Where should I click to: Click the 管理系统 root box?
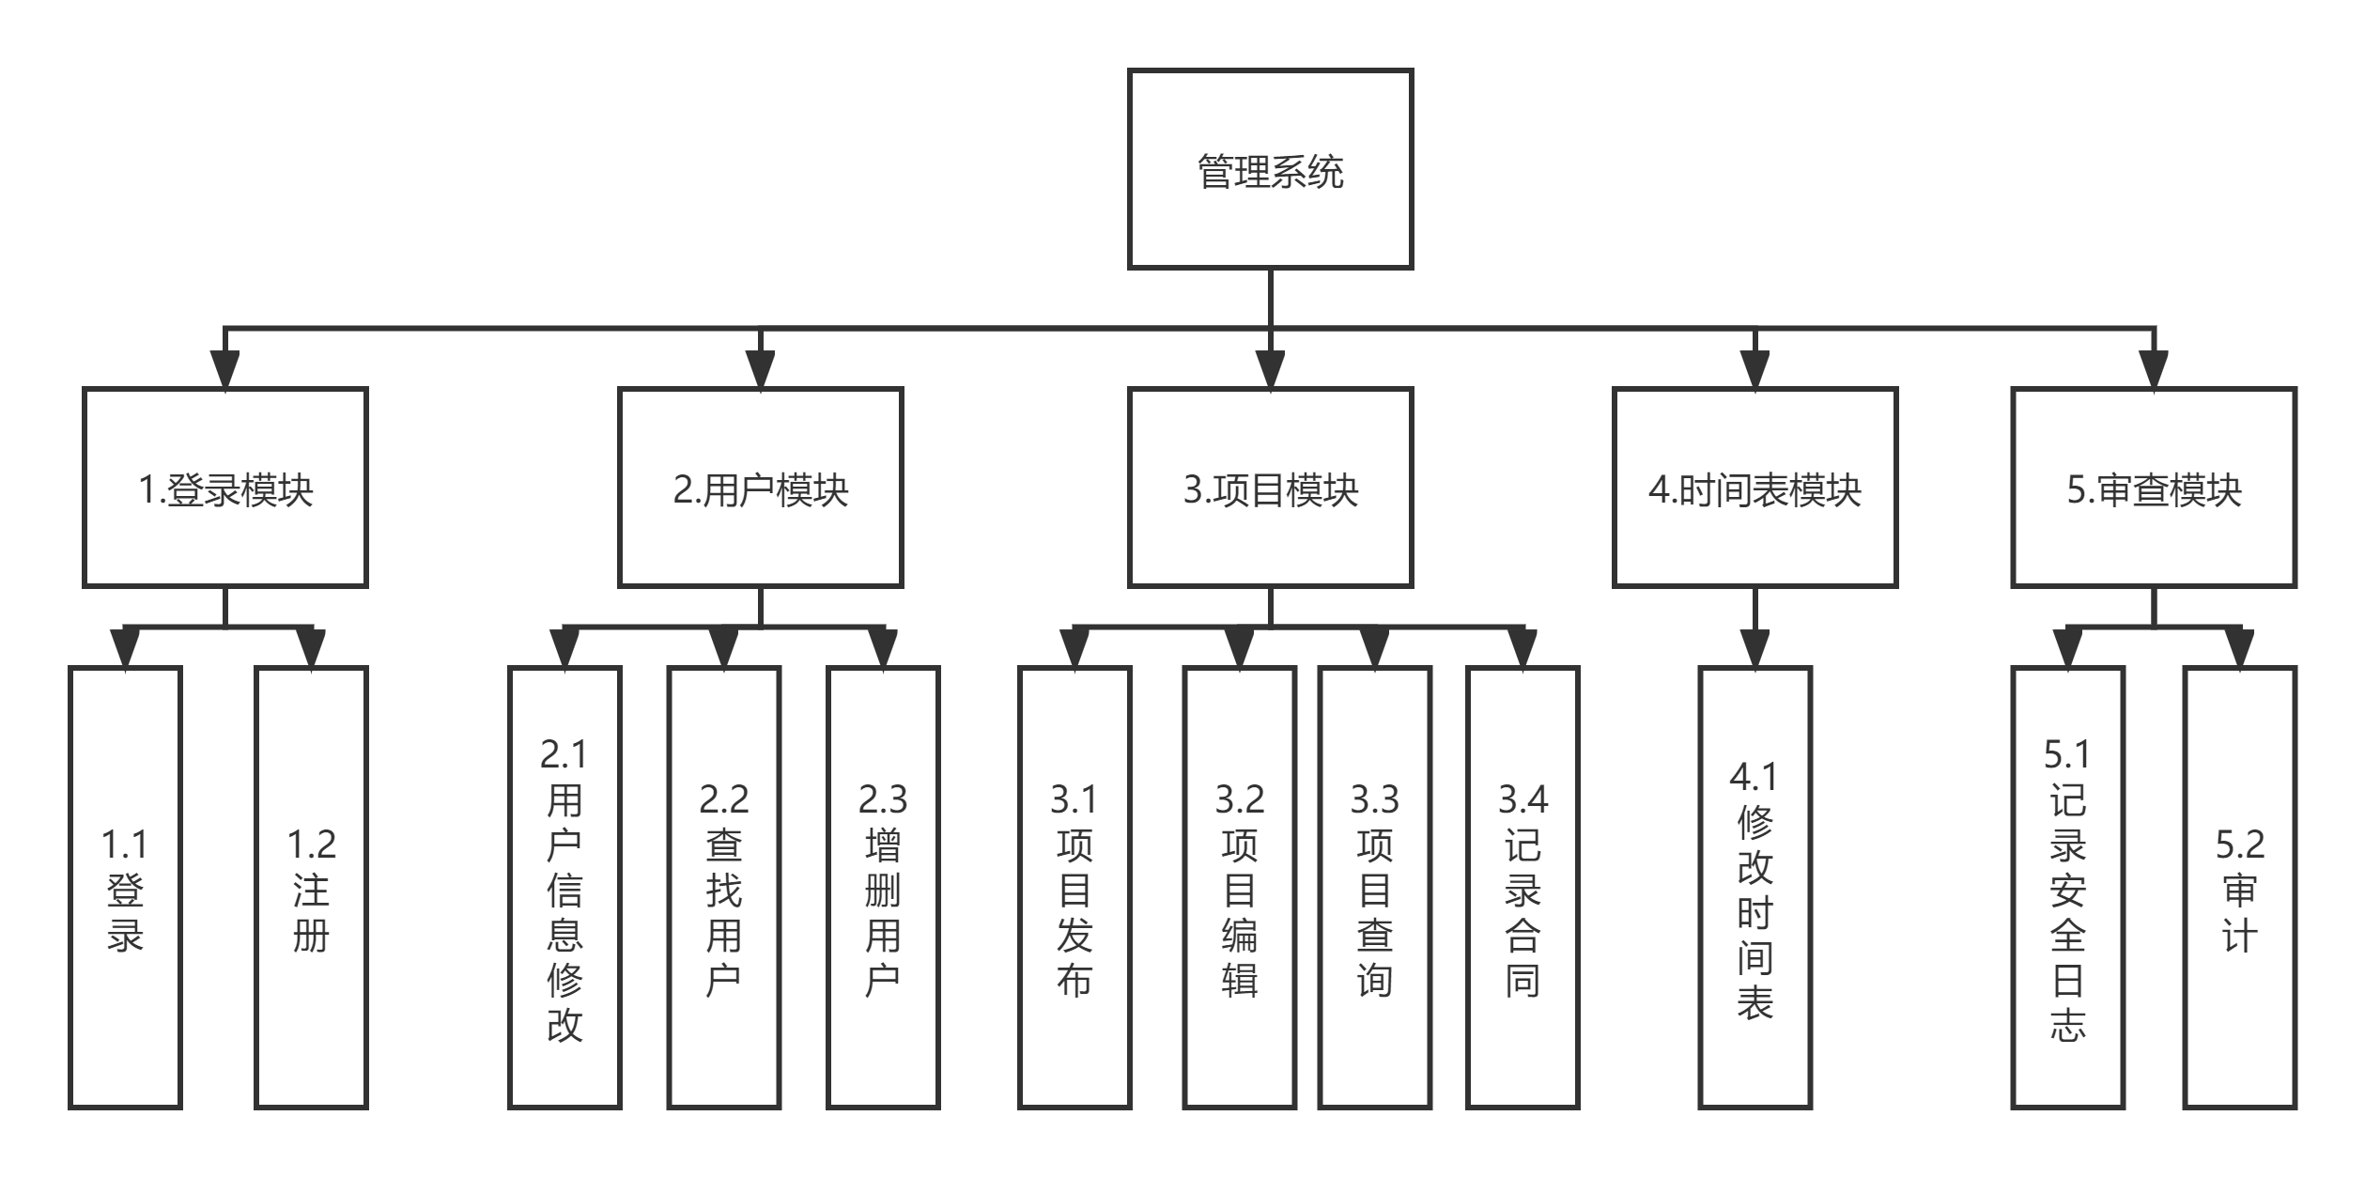coord(1270,169)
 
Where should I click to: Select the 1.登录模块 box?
coord(224,488)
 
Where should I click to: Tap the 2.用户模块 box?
coord(760,488)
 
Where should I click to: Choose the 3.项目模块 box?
coord(1270,488)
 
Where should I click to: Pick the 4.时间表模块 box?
coord(1754,488)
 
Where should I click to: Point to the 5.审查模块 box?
coord(2154,488)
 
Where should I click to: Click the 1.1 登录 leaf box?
coord(125,888)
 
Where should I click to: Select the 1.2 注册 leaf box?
coord(311,888)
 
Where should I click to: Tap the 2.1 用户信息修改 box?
coord(564,888)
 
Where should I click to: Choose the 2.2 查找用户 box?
coord(723,888)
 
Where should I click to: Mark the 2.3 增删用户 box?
coord(882,888)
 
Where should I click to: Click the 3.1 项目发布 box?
coord(1074,888)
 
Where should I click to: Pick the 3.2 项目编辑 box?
coord(1239,888)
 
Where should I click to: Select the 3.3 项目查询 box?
coord(1374,888)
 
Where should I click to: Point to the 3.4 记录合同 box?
coord(1523,888)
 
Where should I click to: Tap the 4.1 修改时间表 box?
coord(1754,888)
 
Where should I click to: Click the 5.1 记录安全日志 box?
coord(2067,888)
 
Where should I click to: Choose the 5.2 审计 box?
coord(2240,888)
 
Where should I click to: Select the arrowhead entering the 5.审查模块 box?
coord(2154,369)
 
